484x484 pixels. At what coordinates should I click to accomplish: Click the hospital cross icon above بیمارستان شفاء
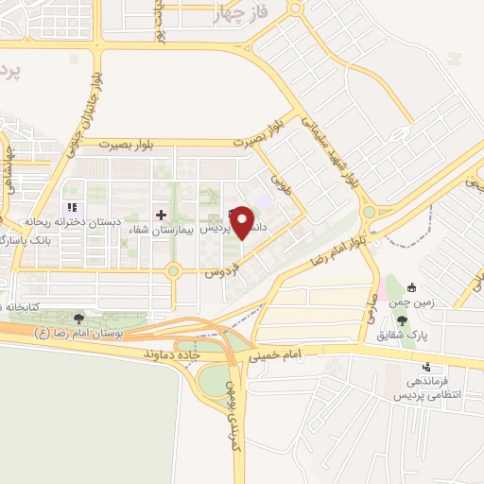tap(160, 214)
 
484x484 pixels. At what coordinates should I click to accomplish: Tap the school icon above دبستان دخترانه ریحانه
tap(70, 208)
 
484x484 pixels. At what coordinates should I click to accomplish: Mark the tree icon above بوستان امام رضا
tap(78, 319)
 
